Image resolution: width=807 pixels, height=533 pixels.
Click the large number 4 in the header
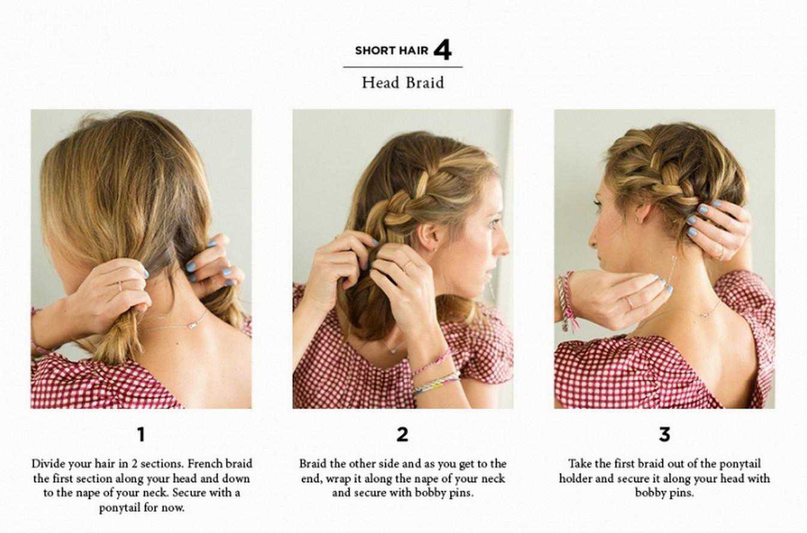pos(443,51)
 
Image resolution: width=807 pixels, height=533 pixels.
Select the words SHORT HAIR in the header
pos(391,51)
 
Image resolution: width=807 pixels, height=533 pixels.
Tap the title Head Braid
pos(403,82)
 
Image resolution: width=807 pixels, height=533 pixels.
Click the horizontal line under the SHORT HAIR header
pos(403,67)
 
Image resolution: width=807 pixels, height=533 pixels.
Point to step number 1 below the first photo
pos(141,435)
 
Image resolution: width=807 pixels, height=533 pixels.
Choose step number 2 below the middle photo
pos(402,435)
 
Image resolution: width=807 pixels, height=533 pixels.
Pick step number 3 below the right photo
pos(664,435)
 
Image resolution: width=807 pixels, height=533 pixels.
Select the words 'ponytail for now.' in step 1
pos(142,508)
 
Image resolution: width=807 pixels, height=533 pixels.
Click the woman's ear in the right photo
pos(641,215)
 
